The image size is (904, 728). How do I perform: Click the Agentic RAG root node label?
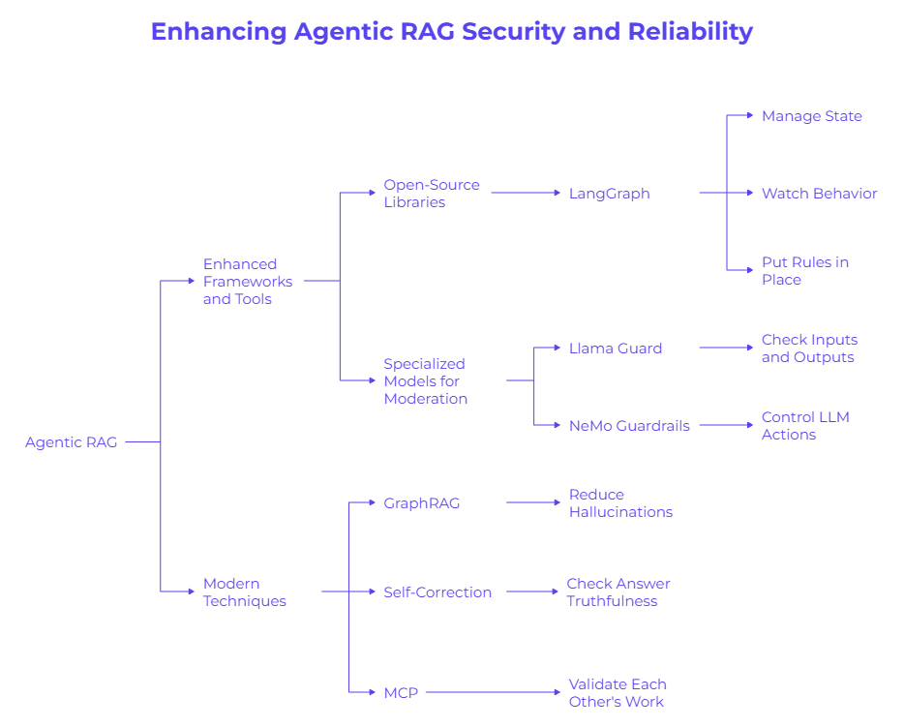[x=71, y=442]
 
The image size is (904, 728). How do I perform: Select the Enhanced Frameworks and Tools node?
[x=248, y=282]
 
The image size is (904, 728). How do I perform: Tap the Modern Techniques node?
[x=245, y=592]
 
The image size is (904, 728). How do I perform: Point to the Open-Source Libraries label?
[x=431, y=194]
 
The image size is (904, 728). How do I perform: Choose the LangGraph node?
[x=609, y=194]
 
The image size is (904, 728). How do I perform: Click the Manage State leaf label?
[x=811, y=116]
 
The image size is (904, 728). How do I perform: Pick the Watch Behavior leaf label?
[x=819, y=194]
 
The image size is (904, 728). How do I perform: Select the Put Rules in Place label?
[x=804, y=271]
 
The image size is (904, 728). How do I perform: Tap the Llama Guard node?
[x=616, y=349]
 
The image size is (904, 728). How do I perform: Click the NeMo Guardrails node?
[x=629, y=426]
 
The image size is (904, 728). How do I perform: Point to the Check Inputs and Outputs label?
[x=809, y=349]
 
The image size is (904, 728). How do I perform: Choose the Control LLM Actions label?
[x=804, y=426]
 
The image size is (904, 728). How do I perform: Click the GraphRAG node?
[x=422, y=503]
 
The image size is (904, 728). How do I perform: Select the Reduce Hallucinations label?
[x=620, y=503]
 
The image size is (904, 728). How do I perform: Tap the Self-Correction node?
[x=437, y=592]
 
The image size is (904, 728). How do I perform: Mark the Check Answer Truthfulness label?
[x=618, y=592]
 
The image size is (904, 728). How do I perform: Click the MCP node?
[x=401, y=693]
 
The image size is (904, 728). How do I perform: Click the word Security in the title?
[x=513, y=32]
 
